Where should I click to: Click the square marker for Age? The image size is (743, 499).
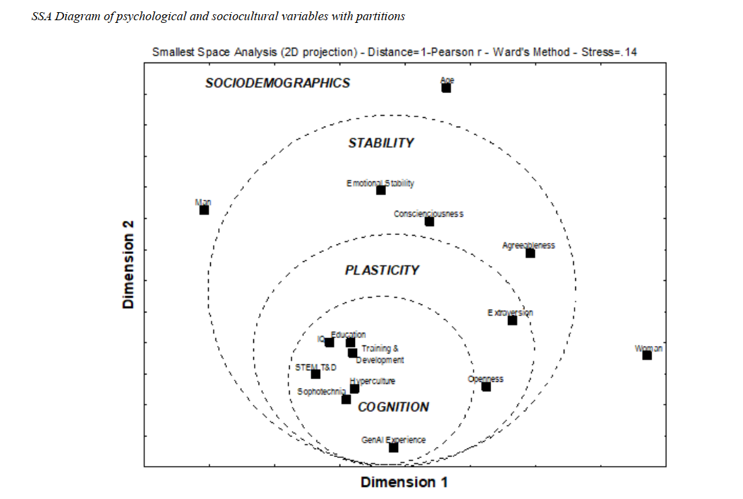click(x=446, y=88)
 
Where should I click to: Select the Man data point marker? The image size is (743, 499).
click(x=204, y=210)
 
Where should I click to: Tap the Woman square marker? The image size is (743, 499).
click(x=647, y=355)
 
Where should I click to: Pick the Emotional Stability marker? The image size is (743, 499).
click(x=381, y=190)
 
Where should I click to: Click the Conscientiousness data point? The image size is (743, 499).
click(x=429, y=222)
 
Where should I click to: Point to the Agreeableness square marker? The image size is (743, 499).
click(x=530, y=253)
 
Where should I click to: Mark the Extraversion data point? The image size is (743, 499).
click(x=512, y=321)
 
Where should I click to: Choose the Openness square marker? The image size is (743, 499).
click(x=486, y=387)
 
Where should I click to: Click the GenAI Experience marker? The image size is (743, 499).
click(x=393, y=447)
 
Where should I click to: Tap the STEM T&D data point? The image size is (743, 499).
click(x=315, y=374)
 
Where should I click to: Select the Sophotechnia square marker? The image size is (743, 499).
click(x=346, y=399)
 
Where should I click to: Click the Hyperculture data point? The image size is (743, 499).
click(x=354, y=389)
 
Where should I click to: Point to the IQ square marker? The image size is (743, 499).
click(x=329, y=342)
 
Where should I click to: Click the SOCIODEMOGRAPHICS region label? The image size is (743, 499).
click(x=278, y=83)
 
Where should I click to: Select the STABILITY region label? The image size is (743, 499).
click(x=381, y=143)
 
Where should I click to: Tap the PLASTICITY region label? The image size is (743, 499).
click(x=382, y=270)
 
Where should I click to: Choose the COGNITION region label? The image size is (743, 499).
click(x=393, y=407)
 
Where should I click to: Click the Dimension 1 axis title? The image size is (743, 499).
click(x=404, y=482)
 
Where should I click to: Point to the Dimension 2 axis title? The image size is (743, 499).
click(x=129, y=263)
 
